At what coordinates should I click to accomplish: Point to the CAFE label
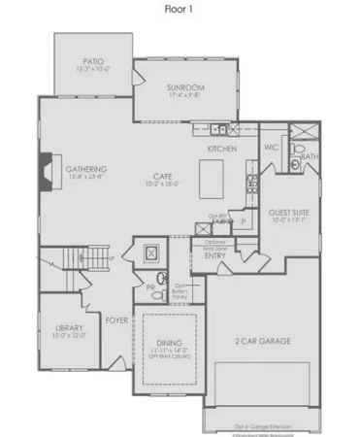[x=161, y=175]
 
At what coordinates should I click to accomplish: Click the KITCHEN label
[x=224, y=148]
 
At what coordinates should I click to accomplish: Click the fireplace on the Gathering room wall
[x=44, y=173]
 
